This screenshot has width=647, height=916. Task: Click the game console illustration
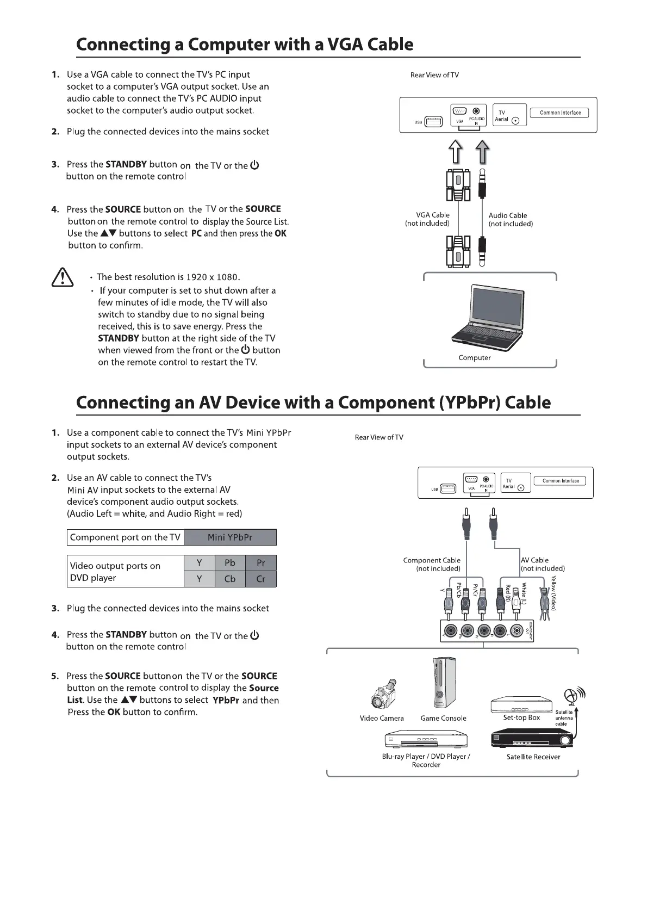[443, 682]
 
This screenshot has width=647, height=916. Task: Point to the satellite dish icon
[573, 695]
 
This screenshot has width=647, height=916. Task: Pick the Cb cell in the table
[230, 579]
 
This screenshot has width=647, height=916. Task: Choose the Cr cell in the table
[261, 579]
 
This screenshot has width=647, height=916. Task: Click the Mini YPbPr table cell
[230, 537]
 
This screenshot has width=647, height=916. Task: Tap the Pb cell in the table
[230, 563]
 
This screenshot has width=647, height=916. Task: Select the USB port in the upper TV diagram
[433, 122]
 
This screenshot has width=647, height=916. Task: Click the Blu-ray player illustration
[426, 740]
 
